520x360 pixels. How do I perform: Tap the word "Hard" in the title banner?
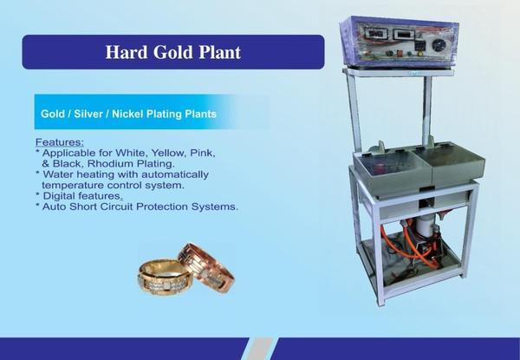tap(127, 52)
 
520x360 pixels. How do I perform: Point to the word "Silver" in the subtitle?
tap(88, 114)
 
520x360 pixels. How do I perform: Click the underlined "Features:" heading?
tap(60, 142)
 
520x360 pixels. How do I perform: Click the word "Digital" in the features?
tap(59, 196)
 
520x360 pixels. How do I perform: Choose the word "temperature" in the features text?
tap(73, 185)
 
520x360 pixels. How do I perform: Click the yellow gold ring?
tap(166, 277)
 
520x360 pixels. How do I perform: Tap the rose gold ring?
tap(206, 267)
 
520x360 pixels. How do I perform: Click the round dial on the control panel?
tap(440, 46)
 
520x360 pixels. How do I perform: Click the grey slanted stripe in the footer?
tap(258, 349)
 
